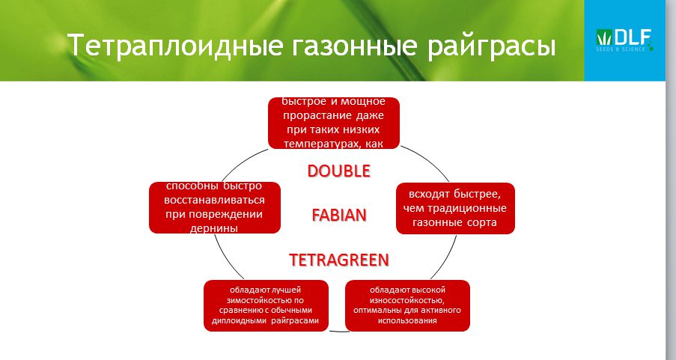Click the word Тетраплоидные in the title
(x=175, y=45)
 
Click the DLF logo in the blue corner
(x=624, y=40)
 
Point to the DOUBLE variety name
(x=339, y=171)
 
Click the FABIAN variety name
(x=339, y=215)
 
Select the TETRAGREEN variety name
(x=339, y=260)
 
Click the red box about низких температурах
(x=334, y=123)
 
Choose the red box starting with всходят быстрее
(x=455, y=208)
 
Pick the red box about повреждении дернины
(x=215, y=207)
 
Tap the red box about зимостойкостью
(x=266, y=305)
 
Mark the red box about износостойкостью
(x=407, y=305)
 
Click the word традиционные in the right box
(x=467, y=208)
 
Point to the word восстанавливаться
(x=214, y=201)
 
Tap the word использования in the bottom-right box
(x=407, y=321)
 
